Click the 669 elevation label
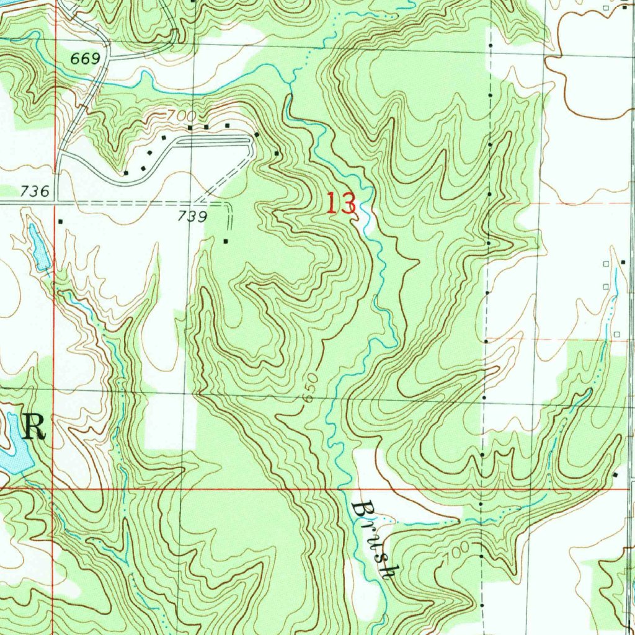click(86, 59)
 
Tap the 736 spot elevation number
click(34, 192)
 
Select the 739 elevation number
click(192, 216)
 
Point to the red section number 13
click(341, 204)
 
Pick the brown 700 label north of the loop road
click(181, 116)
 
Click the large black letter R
click(34, 428)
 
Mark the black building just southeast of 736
click(60, 221)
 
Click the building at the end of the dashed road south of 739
click(226, 241)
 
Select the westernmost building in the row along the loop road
click(126, 173)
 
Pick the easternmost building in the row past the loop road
click(277, 153)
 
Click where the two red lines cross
click(53, 489)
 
